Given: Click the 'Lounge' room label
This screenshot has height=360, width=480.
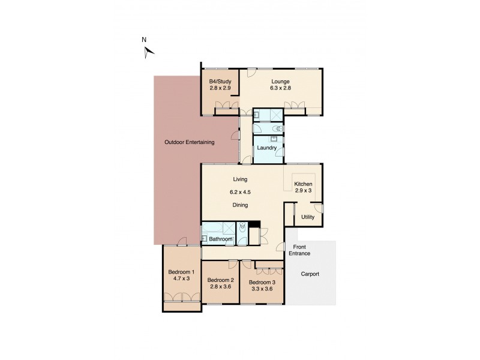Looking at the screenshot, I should [280, 82].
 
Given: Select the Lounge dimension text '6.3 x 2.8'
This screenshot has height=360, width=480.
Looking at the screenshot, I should [280, 88].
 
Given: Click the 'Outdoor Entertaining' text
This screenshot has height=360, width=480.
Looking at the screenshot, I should [190, 142].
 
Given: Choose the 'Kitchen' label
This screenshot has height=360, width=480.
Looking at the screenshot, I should [303, 184].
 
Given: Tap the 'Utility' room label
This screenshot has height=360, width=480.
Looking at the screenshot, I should [308, 217].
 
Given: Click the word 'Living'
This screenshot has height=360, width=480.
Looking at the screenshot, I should [241, 179].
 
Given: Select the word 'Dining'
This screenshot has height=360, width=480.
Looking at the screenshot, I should [241, 205].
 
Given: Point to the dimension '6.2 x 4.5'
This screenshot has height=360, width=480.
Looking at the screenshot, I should [241, 192].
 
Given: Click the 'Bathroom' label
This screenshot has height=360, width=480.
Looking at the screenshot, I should [220, 239].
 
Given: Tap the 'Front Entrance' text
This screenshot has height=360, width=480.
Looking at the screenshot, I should [301, 250].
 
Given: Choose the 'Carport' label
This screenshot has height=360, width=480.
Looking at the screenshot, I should [310, 274].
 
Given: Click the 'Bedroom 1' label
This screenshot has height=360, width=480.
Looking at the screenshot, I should [181, 271].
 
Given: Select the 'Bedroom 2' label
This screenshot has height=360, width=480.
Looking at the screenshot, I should [220, 280].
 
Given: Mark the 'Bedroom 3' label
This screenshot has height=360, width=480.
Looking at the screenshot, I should [262, 282].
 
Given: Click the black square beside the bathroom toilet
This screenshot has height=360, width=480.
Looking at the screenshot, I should [254, 225].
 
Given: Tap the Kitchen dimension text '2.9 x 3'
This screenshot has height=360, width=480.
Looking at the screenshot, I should [303, 191].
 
